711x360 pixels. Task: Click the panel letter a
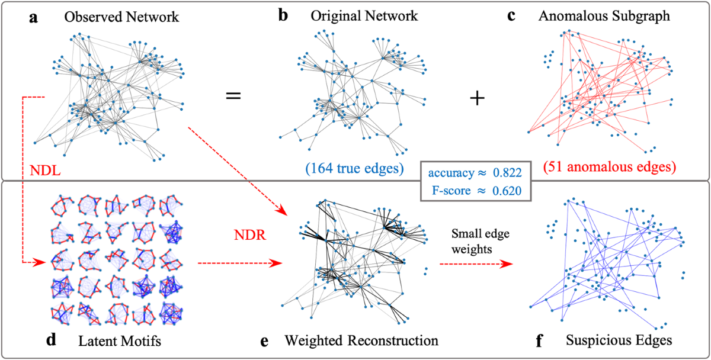click(34, 18)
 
